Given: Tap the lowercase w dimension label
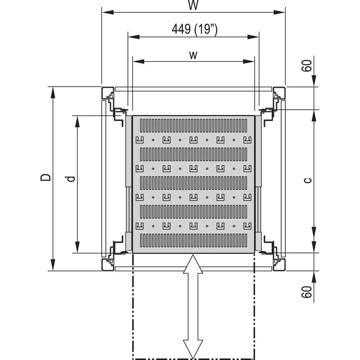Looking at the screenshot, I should [x=193, y=55].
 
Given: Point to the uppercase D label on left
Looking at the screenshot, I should [x=45, y=178].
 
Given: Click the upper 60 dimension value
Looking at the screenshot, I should [x=307, y=66].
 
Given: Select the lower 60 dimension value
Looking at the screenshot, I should [x=307, y=292].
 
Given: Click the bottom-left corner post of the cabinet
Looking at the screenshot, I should [x=108, y=264].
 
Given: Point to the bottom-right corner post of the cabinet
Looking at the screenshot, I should [x=279, y=264].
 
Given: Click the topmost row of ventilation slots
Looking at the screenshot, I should [x=193, y=125].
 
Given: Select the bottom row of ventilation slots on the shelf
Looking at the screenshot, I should [x=193, y=240].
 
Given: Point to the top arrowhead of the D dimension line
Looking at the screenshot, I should [x=53, y=93].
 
